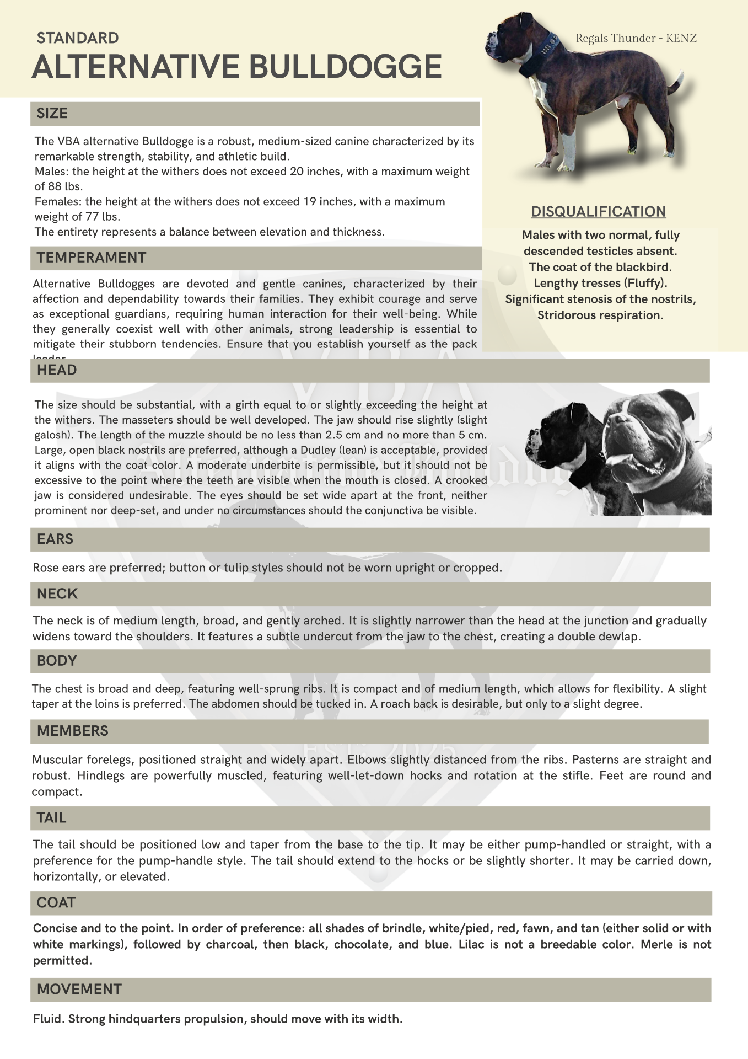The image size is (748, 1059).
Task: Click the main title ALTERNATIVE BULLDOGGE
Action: pos(236,67)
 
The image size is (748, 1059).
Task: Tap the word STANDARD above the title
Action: pos(78,38)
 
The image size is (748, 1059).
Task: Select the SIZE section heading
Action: pos(52,114)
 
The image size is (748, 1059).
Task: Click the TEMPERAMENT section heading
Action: pos(92,258)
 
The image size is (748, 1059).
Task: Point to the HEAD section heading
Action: pos(57,370)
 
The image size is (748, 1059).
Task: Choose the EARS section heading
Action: pos(55,539)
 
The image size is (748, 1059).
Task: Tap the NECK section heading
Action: pos(57,593)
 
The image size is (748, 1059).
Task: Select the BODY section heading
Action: pos(57,661)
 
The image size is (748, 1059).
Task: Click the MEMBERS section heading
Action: pos(73,731)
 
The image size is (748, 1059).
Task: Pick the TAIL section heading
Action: pos(52,817)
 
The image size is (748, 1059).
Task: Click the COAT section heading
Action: pos(56,902)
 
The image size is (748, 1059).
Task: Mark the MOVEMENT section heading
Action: pos(79,989)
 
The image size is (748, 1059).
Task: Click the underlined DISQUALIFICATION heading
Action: pos(599,212)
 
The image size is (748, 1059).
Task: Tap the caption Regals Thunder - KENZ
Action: pos(636,38)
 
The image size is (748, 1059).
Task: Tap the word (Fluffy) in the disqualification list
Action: pos(646,284)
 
